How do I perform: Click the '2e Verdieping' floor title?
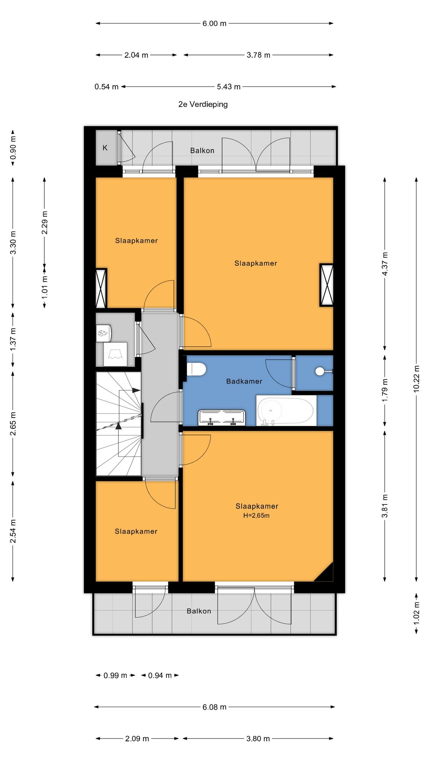click(x=203, y=104)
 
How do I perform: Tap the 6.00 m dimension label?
click(x=214, y=23)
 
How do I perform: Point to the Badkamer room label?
click(x=244, y=381)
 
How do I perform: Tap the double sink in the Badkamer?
click(x=222, y=417)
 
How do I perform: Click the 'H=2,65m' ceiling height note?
click(x=256, y=516)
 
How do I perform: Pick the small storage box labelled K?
click(x=106, y=147)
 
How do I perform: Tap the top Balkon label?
click(x=202, y=151)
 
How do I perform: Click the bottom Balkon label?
click(x=199, y=611)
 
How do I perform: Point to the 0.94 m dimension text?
click(x=160, y=675)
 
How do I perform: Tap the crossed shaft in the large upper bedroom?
click(x=326, y=285)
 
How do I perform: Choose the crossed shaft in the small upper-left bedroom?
click(x=101, y=288)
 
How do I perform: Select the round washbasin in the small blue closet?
click(x=320, y=371)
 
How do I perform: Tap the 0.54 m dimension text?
click(x=107, y=87)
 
